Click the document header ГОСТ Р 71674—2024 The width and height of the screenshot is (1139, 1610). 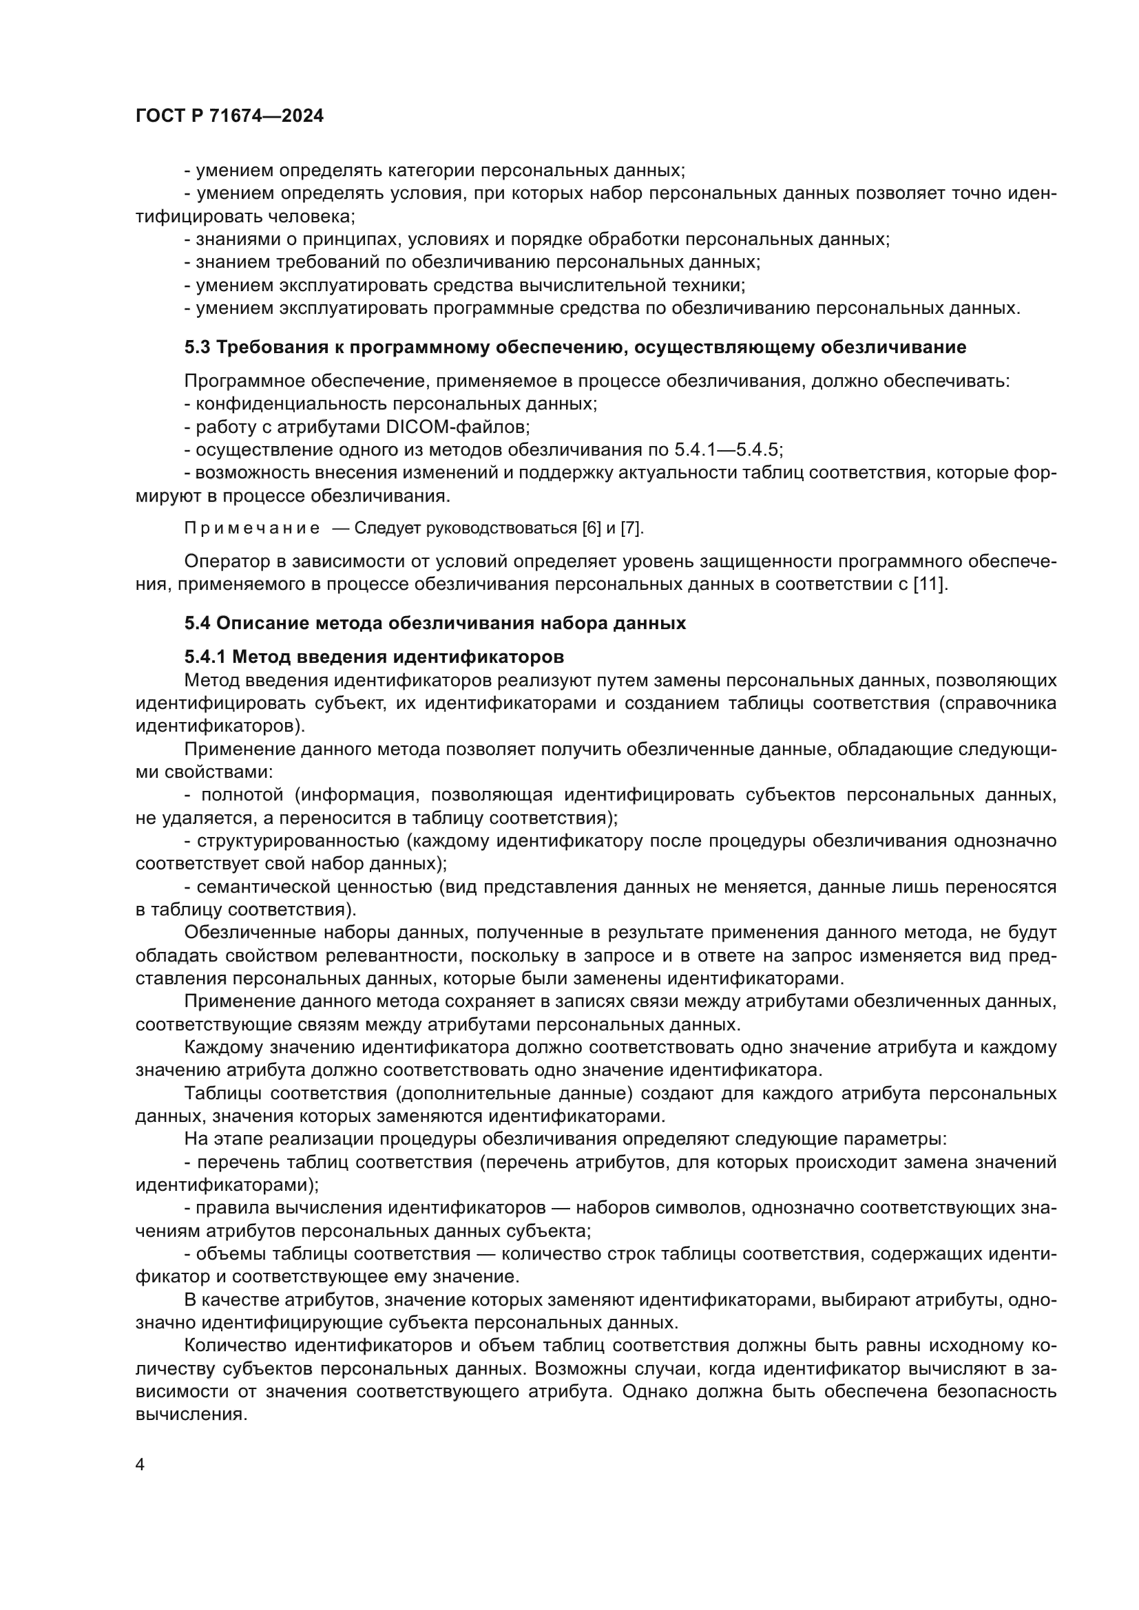click(x=229, y=116)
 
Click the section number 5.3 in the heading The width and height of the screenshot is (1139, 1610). click(x=197, y=347)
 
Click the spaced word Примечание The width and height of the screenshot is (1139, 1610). click(x=252, y=529)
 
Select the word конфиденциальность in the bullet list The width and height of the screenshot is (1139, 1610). click(x=291, y=404)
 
